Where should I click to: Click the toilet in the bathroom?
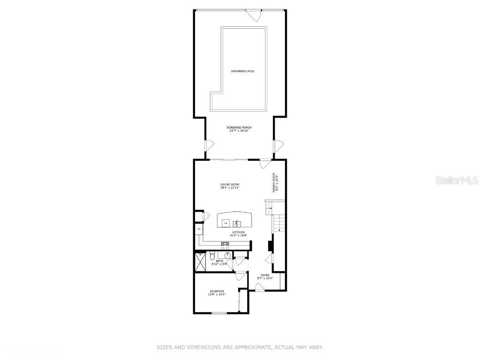pos(212,255)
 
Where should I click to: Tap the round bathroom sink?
pos(227,255)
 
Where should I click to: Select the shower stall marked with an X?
pos(200,262)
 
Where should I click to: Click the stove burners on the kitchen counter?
pos(225,244)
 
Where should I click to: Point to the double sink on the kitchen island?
pos(237,223)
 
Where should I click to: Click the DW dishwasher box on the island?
pos(225,223)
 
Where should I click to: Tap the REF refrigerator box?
pos(199,229)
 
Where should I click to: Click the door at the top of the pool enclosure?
pos(255,15)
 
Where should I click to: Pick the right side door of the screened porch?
pos(278,145)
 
